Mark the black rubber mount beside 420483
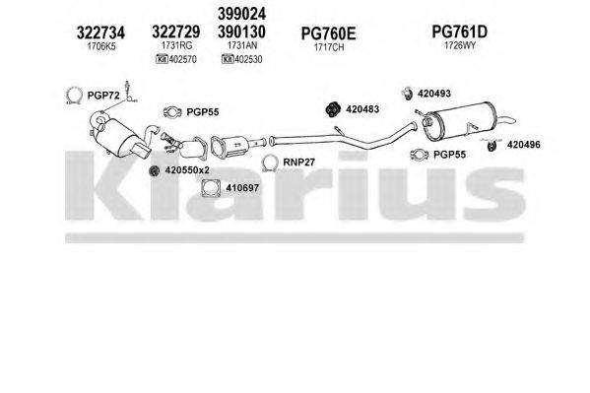pyautogui.click(x=332, y=107)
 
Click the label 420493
pyautogui.click(x=434, y=95)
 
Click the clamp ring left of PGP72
pyautogui.click(x=73, y=97)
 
